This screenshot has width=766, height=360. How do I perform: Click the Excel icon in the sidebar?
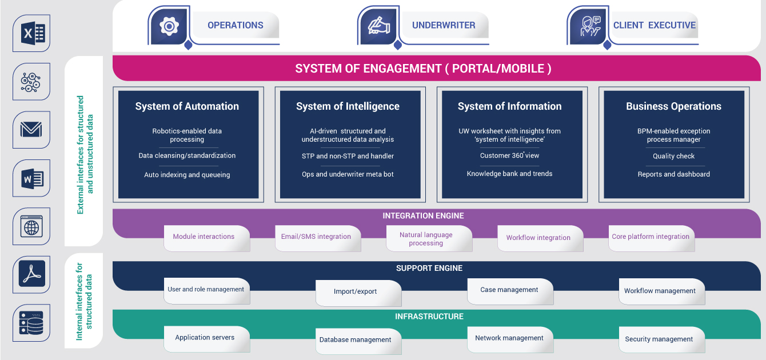click(32, 33)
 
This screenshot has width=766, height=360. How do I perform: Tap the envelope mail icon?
click(31, 130)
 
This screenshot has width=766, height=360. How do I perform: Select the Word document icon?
click(32, 178)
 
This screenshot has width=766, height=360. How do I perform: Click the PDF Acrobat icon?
click(32, 274)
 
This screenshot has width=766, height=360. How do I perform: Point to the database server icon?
click(31, 322)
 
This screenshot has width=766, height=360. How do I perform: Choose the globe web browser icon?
click(31, 226)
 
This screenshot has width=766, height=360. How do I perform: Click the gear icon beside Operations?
click(169, 26)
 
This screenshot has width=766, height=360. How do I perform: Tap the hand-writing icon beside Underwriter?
click(378, 26)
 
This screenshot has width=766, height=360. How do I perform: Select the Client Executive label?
click(654, 25)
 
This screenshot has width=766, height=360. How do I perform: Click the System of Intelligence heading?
click(348, 106)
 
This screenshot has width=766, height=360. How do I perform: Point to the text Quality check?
click(673, 156)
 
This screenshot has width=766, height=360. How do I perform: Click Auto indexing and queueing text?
click(187, 175)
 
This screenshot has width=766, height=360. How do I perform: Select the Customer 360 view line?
click(509, 155)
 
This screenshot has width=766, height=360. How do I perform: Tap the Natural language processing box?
click(429, 239)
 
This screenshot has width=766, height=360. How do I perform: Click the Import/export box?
click(358, 293)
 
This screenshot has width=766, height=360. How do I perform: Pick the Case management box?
click(510, 291)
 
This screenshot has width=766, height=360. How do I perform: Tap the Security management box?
click(662, 340)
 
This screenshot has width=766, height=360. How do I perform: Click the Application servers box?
click(207, 339)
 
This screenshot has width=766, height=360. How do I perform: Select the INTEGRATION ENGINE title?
click(423, 216)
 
